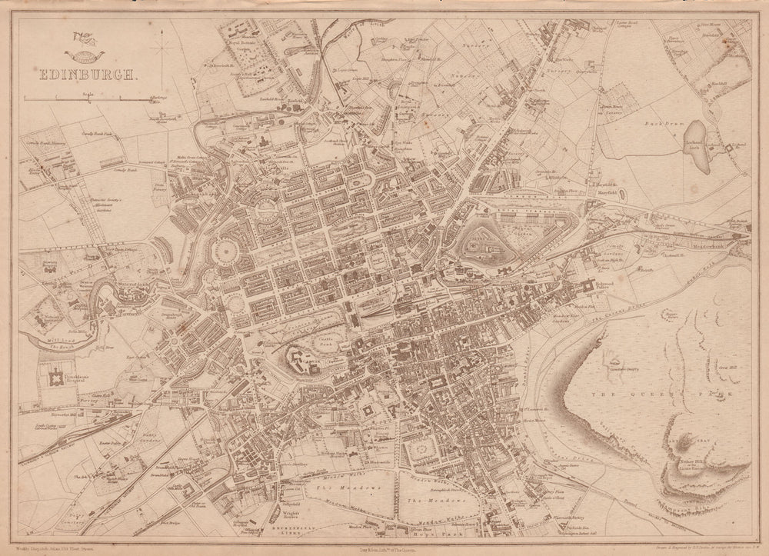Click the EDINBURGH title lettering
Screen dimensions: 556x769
point(85,75)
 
